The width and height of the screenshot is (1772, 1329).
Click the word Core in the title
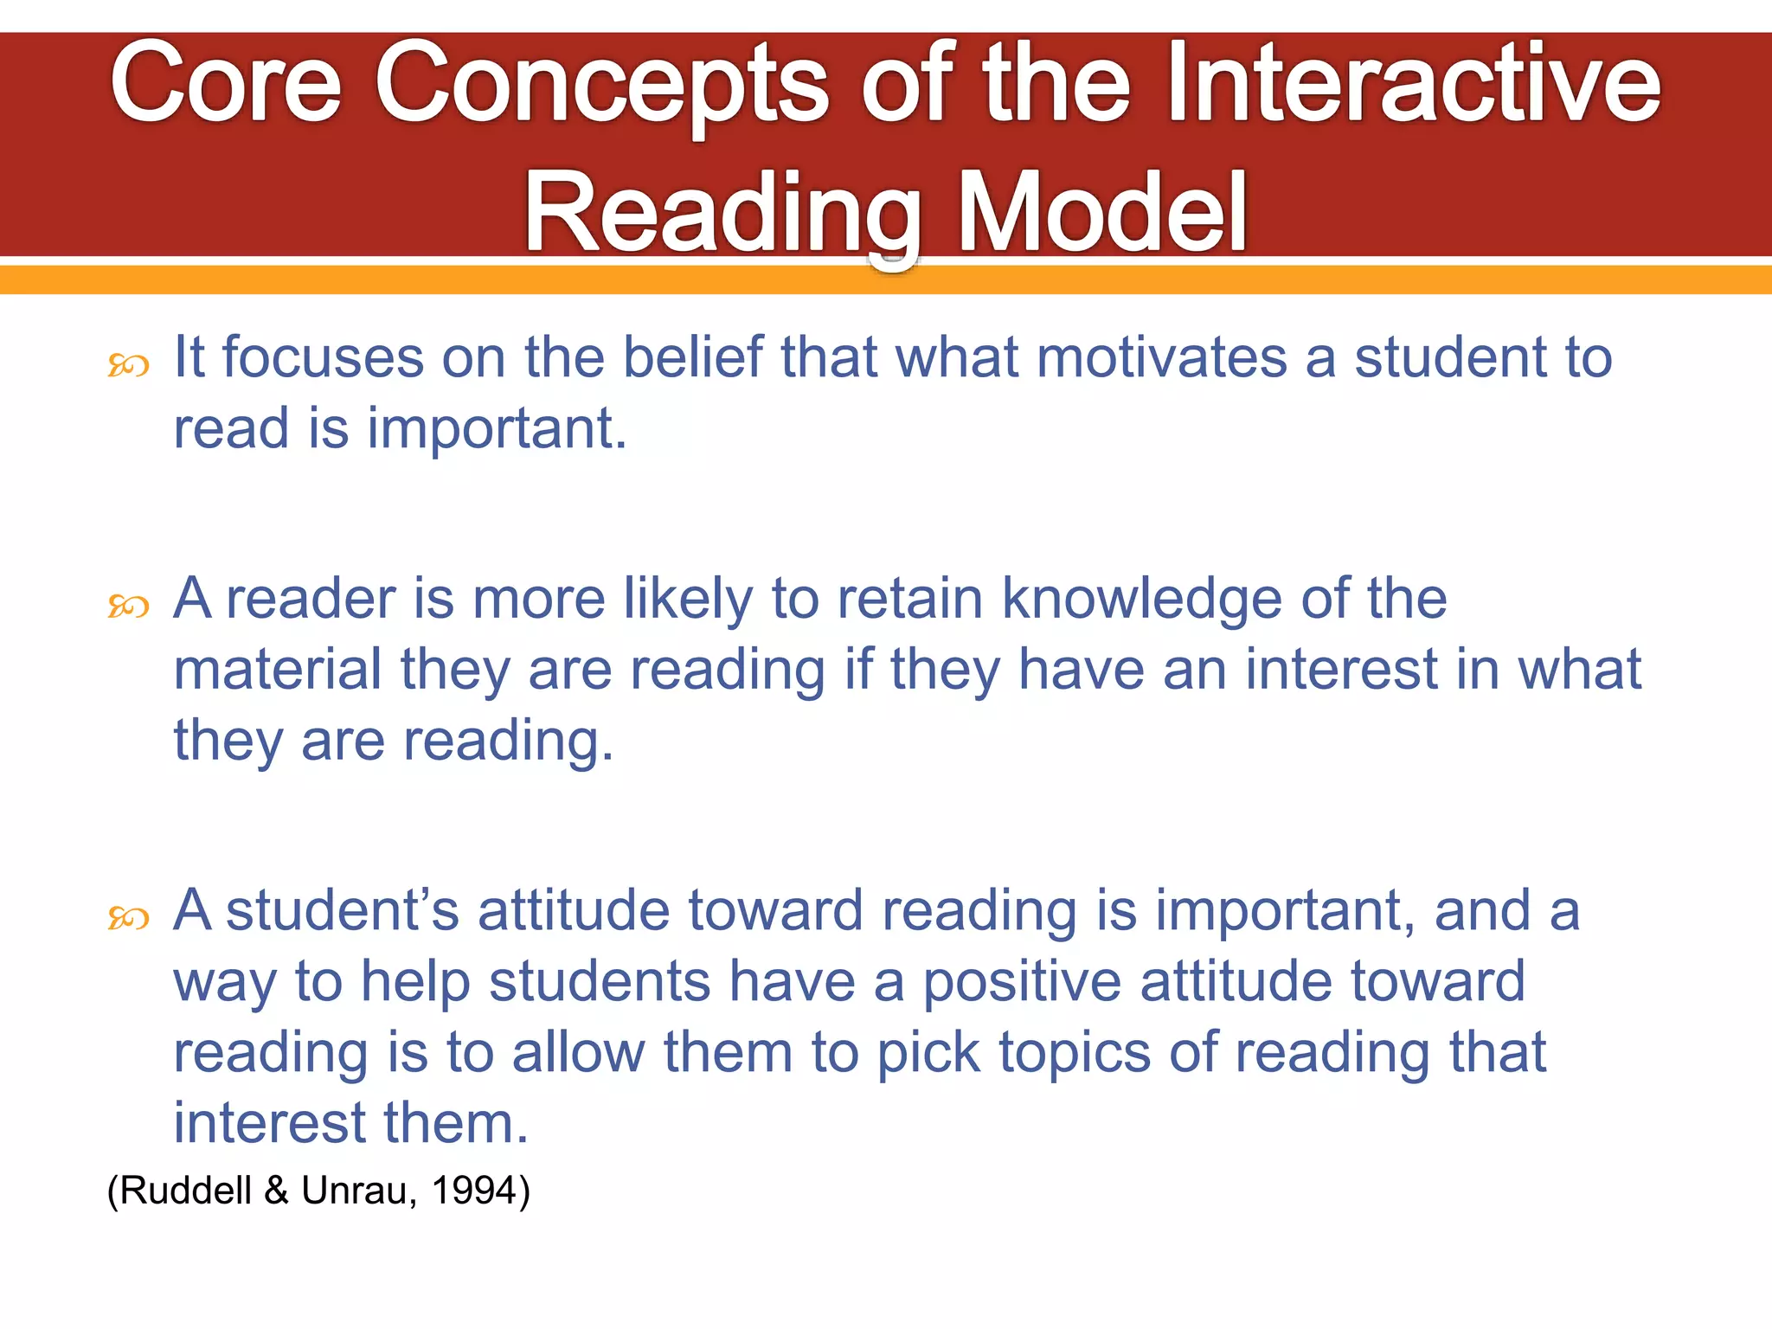coord(226,85)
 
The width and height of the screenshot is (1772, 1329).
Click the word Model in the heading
coord(1102,213)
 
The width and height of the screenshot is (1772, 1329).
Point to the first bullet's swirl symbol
coord(128,366)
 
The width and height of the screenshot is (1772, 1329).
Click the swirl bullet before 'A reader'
coord(128,607)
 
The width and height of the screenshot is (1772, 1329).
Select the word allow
coord(578,1053)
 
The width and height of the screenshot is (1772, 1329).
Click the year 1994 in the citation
coord(474,1191)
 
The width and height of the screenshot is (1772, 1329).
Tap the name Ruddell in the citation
coord(185,1191)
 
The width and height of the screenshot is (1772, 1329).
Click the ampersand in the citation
coord(276,1191)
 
